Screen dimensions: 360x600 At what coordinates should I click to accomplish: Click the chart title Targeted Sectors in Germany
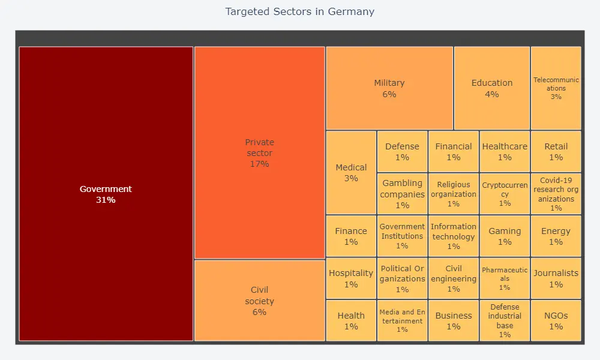click(x=299, y=11)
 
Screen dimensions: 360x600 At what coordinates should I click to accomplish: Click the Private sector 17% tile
click(x=259, y=153)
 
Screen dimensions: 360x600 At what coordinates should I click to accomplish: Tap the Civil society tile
click(x=259, y=301)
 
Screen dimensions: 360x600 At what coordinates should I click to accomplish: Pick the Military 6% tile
click(x=389, y=88)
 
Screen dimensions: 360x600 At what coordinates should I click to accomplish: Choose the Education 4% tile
click(x=491, y=88)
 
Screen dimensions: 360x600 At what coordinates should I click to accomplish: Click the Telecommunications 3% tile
click(x=556, y=88)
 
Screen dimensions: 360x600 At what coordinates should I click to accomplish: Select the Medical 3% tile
click(x=351, y=173)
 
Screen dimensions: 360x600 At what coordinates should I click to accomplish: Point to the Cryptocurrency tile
click(x=505, y=194)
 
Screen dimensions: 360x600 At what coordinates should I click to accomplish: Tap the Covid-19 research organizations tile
click(x=556, y=194)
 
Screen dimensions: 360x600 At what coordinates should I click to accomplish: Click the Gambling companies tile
click(x=402, y=194)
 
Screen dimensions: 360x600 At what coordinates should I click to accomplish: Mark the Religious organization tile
click(x=453, y=194)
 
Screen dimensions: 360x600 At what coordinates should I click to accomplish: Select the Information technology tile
click(x=453, y=236)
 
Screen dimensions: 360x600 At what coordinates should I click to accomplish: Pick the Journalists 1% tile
click(x=556, y=278)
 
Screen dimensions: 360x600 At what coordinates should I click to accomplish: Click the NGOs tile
click(x=556, y=320)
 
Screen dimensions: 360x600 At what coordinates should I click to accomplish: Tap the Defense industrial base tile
click(x=505, y=320)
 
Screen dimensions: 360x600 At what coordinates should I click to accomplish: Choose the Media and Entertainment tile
click(x=402, y=320)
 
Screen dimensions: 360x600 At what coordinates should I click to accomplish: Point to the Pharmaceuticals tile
click(x=505, y=278)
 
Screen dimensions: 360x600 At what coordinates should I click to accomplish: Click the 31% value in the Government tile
click(x=106, y=200)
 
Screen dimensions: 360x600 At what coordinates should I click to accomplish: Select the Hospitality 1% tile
click(x=351, y=278)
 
